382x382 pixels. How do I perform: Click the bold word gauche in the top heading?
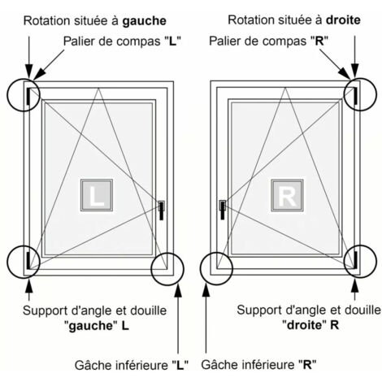(x=144, y=21)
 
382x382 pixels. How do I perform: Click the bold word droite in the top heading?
(x=343, y=20)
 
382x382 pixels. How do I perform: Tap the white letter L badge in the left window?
(x=97, y=195)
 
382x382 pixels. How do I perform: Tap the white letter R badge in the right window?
(x=287, y=195)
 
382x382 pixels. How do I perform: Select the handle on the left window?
(x=162, y=210)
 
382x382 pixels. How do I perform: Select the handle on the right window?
(x=223, y=210)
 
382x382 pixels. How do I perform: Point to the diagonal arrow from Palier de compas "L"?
(x=49, y=65)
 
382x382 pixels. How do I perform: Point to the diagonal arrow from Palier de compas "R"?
(x=335, y=64)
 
